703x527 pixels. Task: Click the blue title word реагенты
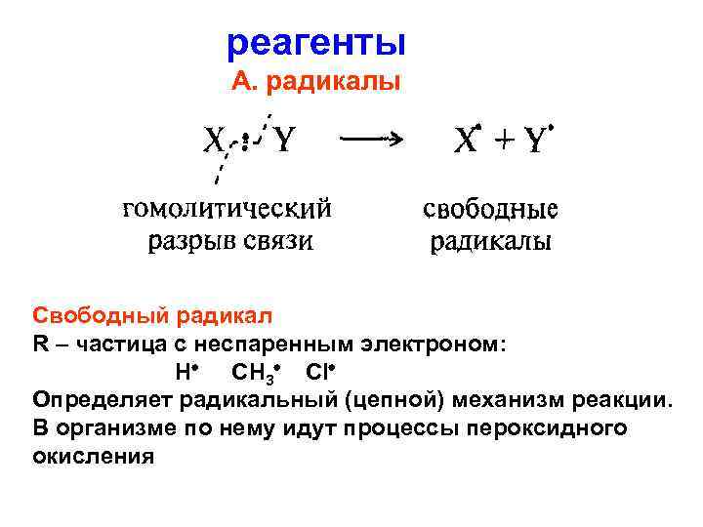click(x=315, y=44)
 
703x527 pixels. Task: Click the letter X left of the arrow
click(x=215, y=143)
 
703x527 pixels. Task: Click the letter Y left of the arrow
click(x=282, y=143)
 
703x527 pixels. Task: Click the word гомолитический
click(x=227, y=210)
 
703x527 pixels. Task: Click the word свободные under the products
click(x=490, y=211)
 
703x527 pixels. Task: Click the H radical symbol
click(x=183, y=373)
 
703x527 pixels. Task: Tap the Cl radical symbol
click(x=318, y=373)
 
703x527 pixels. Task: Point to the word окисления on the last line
click(x=94, y=457)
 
